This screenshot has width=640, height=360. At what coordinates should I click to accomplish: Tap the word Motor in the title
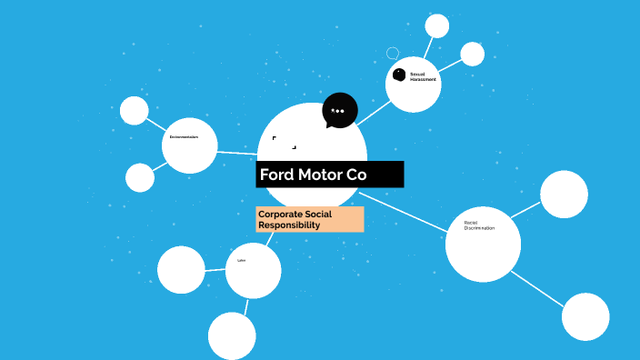pyautogui.click(x=318, y=175)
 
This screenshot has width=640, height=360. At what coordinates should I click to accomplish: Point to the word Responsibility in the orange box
pyautogui.click(x=289, y=225)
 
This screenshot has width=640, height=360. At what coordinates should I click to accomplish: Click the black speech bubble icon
pyautogui.click(x=339, y=111)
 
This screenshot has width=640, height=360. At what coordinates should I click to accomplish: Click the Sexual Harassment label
pyautogui.click(x=423, y=76)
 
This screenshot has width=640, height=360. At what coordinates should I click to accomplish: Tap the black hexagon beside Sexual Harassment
pyautogui.click(x=399, y=75)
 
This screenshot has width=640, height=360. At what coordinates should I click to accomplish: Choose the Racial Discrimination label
pyautogui.click(x=479, y=225)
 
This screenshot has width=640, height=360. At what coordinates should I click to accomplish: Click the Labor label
pyautogui.click(x=242, y=261)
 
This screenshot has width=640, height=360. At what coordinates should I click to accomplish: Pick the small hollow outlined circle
pyautogui.click(x=393, y=54)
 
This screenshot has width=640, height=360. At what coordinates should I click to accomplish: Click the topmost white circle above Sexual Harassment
pyautogui.click(x=437, y=25)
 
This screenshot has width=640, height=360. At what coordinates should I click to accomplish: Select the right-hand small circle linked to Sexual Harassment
pyautogui.click(x=473, y=54)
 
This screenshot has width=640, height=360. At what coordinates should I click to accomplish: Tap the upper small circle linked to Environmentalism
pyautogui.click(x=135, y=110)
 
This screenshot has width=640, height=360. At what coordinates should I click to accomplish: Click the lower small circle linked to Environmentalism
pyautogui.click(x=140, y=177)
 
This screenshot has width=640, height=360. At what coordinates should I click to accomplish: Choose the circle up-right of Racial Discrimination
pyautogui.click(x=565, y=194)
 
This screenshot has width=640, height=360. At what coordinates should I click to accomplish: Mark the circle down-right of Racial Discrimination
pyautogui.click(x=585, y=316)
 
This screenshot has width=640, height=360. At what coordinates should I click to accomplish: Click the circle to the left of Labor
pyautogui.click(x=181, y=270)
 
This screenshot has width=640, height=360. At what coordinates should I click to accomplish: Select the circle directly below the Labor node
pyautogui.click(x=232, y=335)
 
